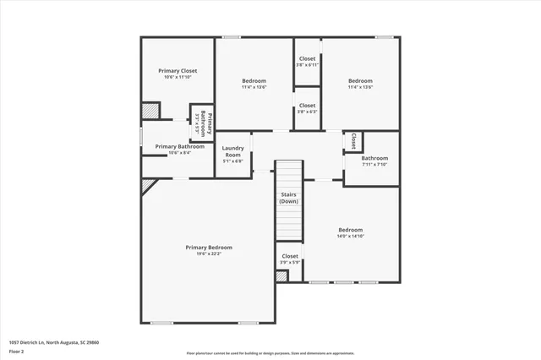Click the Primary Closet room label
pyautogui.click(x=178, y=71)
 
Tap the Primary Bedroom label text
pyautogui.click(x=209, y=247)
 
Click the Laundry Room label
pyautogui.click(x=232, y=151)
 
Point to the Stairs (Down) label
pyautogui.click(x=289, y=197)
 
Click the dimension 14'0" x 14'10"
pyautogui.click(x=350, y=236)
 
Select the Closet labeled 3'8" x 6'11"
pyautogui.click(x=307, y=59)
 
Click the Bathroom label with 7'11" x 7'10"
pyautogui.click(x=374, y=158)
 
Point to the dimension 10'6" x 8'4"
pyautogui.click(x=179, y=153)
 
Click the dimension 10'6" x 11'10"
pyautogui.click(x=178, y=77)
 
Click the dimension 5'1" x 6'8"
pyautogui.click(x=232, y=161)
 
